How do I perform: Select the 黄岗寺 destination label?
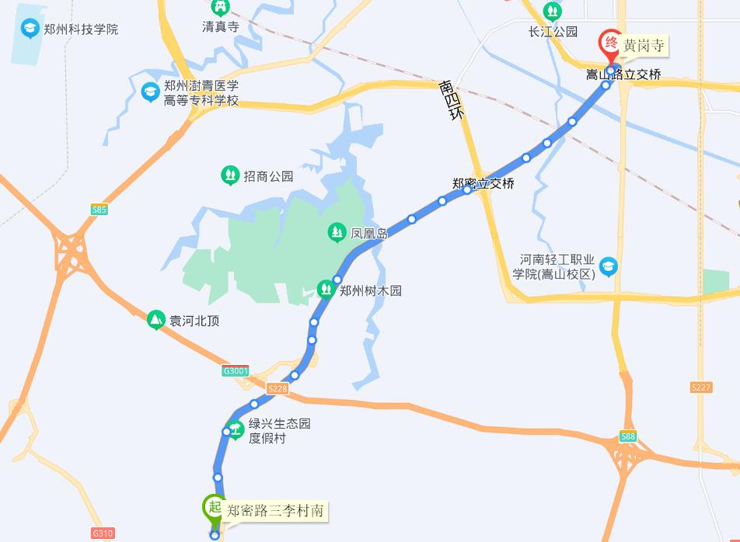tap(645, 46)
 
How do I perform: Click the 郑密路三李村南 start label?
tap(276, 511)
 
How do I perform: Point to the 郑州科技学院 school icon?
tap(30, 29)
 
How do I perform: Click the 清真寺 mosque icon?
tap(221, 8)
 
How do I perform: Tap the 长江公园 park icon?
tap(553, 12)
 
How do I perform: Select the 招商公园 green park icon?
tap(230, 175)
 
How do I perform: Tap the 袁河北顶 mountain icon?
tap(156, 320)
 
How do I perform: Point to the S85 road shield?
tap(99, 210)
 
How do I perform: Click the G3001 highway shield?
tap(236, 371)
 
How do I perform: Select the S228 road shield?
tap(277, 388)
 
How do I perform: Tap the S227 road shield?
tap(701, 387)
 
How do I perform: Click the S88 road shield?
tap(628, 436)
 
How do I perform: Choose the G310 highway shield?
tap(103, 533)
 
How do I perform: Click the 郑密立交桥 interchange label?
tap(483, 184)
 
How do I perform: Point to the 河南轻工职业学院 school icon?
tap(608, 266)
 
